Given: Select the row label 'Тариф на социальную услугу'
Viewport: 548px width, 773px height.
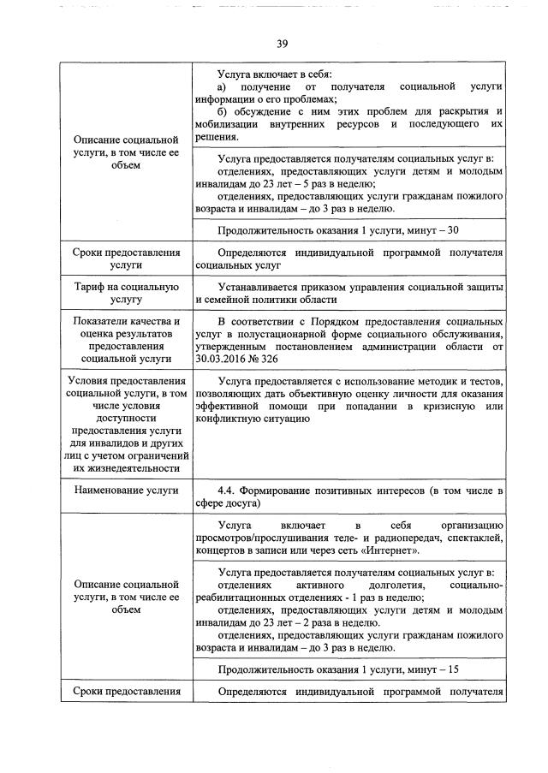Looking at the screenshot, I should [x=126, y=293].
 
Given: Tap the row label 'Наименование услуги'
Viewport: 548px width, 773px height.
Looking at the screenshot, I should [x=126, y=490].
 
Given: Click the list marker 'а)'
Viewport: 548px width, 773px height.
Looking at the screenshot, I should [x=223, y=87].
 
